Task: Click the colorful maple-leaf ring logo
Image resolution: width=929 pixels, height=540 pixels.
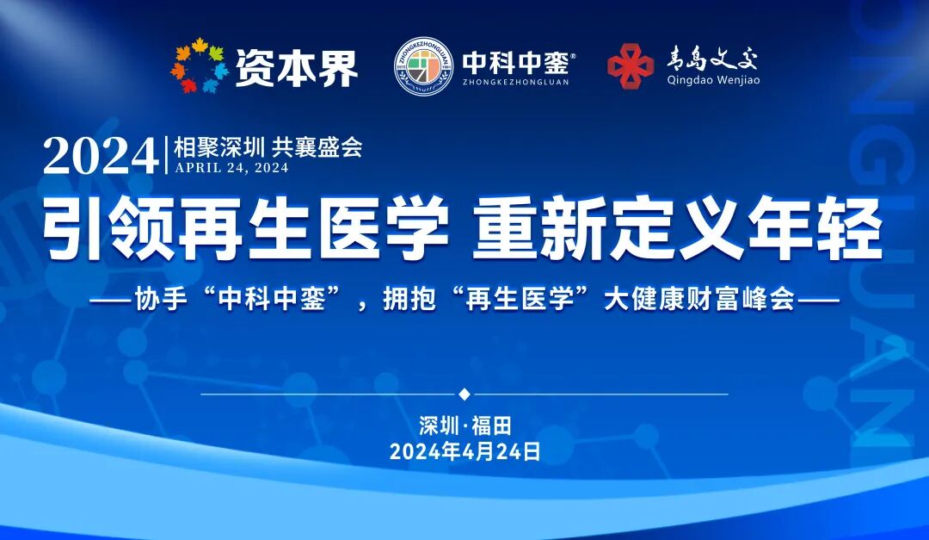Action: [200, 66]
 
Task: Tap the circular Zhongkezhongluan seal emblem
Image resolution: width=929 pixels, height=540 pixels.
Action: [424, 66]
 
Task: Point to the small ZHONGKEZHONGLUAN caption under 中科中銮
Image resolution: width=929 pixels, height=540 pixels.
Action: [515, 83]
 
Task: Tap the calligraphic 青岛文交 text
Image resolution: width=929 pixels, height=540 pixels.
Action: [713, 59]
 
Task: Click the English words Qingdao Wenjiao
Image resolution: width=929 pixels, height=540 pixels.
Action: [713, 81]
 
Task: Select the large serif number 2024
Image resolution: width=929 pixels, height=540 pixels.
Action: [101, 156]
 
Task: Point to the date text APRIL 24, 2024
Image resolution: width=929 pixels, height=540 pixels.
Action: [231, 168]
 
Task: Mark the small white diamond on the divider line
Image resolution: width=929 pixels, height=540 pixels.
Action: [464, 394]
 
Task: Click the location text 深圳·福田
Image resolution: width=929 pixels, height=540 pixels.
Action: [464, 425]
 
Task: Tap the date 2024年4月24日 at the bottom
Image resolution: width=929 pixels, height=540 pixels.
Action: [464, 452]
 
